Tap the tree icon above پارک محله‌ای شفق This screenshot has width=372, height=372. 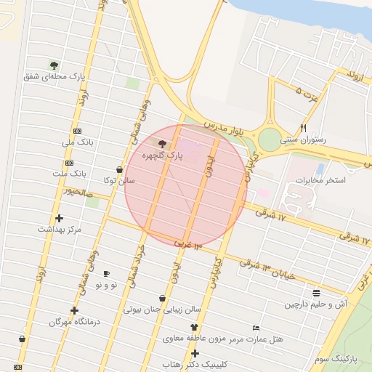tap(53, 65)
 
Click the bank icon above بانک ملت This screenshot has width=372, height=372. tap(68, 163)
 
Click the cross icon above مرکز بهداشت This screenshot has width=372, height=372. tap(60, 218)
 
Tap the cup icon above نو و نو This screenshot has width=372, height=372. tap(107, 273)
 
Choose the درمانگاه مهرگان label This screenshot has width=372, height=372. tap(74, 321)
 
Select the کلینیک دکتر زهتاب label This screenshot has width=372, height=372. tap(194, 363)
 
